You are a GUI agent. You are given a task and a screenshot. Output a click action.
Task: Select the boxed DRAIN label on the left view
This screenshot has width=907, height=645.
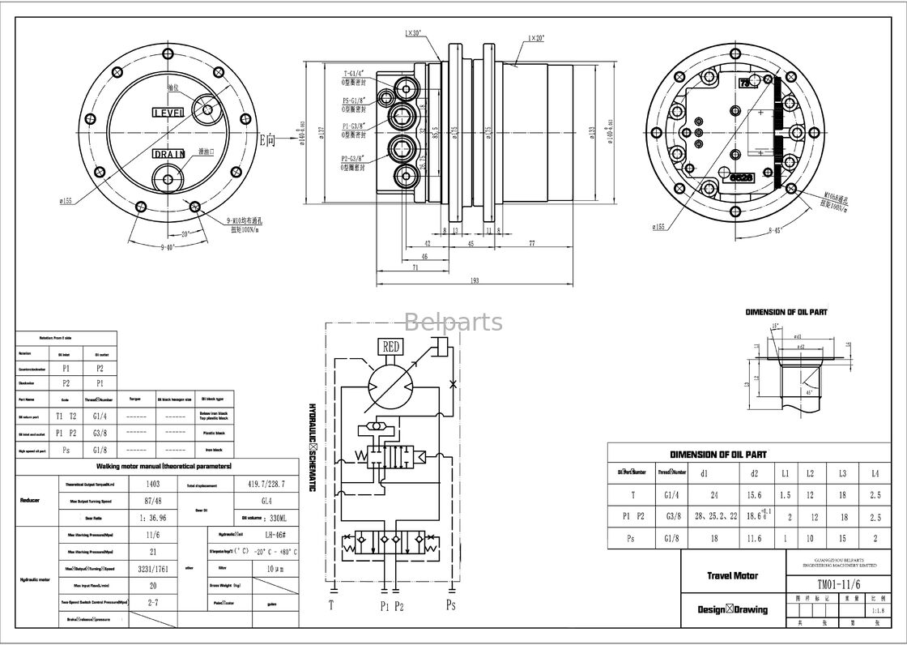pyautogui.click(x=169, y=154)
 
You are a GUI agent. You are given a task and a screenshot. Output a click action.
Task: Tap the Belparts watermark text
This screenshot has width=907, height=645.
pyautogui.click(x=453, y=322)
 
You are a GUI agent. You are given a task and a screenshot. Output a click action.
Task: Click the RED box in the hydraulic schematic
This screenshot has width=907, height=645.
pyautogui.click(x=390, y=347)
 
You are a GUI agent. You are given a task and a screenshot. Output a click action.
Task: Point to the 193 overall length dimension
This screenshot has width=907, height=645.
pyautogui.click(x=475, y=281)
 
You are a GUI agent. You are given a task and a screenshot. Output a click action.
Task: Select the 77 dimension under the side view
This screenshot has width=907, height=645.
pyautogui.click(x=532, y=242)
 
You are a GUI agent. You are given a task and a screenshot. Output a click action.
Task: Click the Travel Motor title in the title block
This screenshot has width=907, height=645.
pyautogui.click(x=732, y=575)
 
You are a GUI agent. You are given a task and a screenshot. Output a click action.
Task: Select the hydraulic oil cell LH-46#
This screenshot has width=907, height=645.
pyautogui.click(x=265, y=535)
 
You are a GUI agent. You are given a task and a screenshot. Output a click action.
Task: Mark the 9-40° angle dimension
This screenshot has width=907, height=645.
pyautogui.click(x=168, y=246)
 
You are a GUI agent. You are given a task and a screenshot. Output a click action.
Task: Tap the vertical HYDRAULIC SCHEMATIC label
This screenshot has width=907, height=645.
pyautogui.click(x=311, y=446)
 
